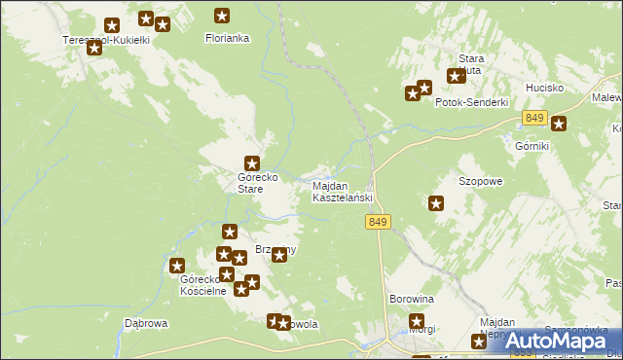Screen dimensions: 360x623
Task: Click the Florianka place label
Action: (227, 39)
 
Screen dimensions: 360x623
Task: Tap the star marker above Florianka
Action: (222, 16)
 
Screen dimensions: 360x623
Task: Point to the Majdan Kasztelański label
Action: (342, 192)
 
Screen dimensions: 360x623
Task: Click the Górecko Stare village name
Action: (251, 183)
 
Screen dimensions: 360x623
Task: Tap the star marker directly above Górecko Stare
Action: (252, 164)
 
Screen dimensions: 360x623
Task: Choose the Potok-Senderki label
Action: (472, 102)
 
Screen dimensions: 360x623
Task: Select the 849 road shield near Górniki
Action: (532, 118)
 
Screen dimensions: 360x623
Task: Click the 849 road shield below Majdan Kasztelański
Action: (380, 223)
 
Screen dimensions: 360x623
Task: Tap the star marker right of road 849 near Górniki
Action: (559, 124)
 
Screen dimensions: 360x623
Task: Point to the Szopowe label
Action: (480, 182)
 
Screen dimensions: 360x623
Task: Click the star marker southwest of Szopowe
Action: (436, 203)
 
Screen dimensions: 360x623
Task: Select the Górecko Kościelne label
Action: (203, 285)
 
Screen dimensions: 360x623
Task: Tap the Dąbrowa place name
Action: (147, 323)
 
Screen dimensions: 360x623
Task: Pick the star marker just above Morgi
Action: (418, 322)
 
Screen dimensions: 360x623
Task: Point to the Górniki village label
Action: (531, 145)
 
